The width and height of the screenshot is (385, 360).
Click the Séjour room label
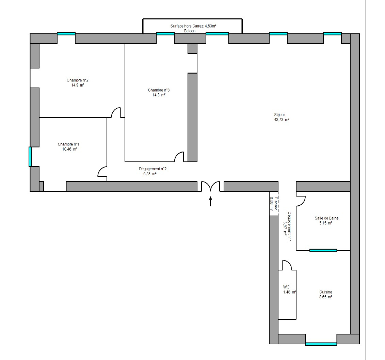(x=279, y=115)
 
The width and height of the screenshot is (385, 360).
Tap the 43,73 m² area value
(x=282, y=120)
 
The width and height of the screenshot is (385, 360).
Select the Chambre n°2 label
(x=78, y=80)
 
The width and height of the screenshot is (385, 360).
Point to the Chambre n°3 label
(x=159, y=90)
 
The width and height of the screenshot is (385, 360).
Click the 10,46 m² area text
(x=70, y=149)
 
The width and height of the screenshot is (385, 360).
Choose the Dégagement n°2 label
(x=153, y=169)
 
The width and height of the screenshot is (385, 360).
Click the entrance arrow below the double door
(x=210, y=201)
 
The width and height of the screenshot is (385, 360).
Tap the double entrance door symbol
(x=210, y=186)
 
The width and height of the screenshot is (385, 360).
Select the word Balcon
(x=190, y=31)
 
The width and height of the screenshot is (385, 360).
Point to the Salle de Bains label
(x=326, y=218)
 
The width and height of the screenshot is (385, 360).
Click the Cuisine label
(x=325, y=292)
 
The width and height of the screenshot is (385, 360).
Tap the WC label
(x=286, y=287)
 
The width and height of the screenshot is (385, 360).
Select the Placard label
(x=276, y=204)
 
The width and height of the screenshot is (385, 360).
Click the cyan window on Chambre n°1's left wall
(x=30, y=157)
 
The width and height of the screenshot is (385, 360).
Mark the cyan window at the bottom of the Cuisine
(x=321, y=344)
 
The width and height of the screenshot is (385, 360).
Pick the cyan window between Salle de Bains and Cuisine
(x=323, y=250)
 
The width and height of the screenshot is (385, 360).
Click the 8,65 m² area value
(x=326, y=297)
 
